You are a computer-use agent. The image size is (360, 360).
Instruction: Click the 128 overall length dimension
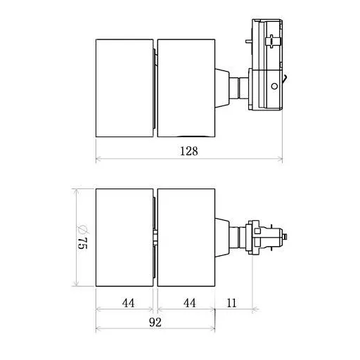tap(188, 151)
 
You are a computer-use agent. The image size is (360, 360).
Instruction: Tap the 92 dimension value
tap(155, 323)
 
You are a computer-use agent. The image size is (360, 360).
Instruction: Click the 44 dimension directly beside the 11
tap(188, 303)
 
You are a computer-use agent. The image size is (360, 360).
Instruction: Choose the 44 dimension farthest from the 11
tap(128, 303)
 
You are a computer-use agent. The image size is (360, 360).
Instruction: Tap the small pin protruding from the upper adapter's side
tap(287, 81)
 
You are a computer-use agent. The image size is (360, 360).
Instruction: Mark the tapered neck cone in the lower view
tap(223, 237)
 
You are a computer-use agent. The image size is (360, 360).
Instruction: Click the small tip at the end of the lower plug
tap(287, 238)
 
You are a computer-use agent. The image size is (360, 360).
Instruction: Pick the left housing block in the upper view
tap(124, 88)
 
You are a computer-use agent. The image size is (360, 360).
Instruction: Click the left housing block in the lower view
tap(124, 238)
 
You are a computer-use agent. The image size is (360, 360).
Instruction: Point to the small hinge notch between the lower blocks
tap(155, 237)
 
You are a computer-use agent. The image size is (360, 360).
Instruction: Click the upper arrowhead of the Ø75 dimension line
tap(76, 192)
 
